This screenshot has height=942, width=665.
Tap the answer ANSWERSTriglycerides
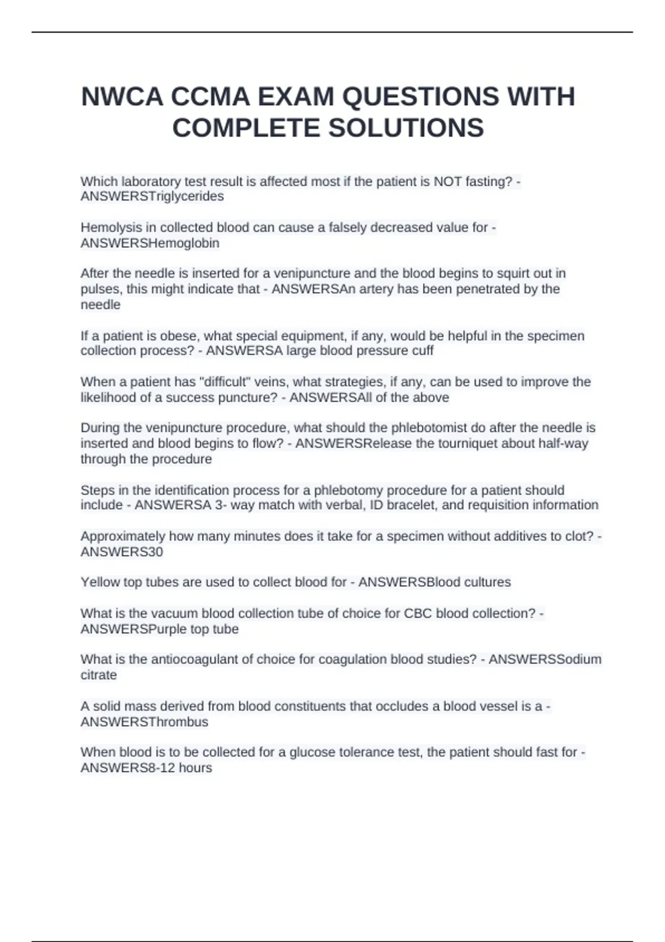pos(152,197)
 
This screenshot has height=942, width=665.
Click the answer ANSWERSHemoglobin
pos(150,243)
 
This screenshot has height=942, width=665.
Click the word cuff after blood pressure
pos(422,351)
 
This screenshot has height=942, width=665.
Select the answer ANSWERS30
pos(121,552)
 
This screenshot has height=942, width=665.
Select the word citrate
pos(99,675)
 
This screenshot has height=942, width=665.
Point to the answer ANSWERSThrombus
pos(144,722)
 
